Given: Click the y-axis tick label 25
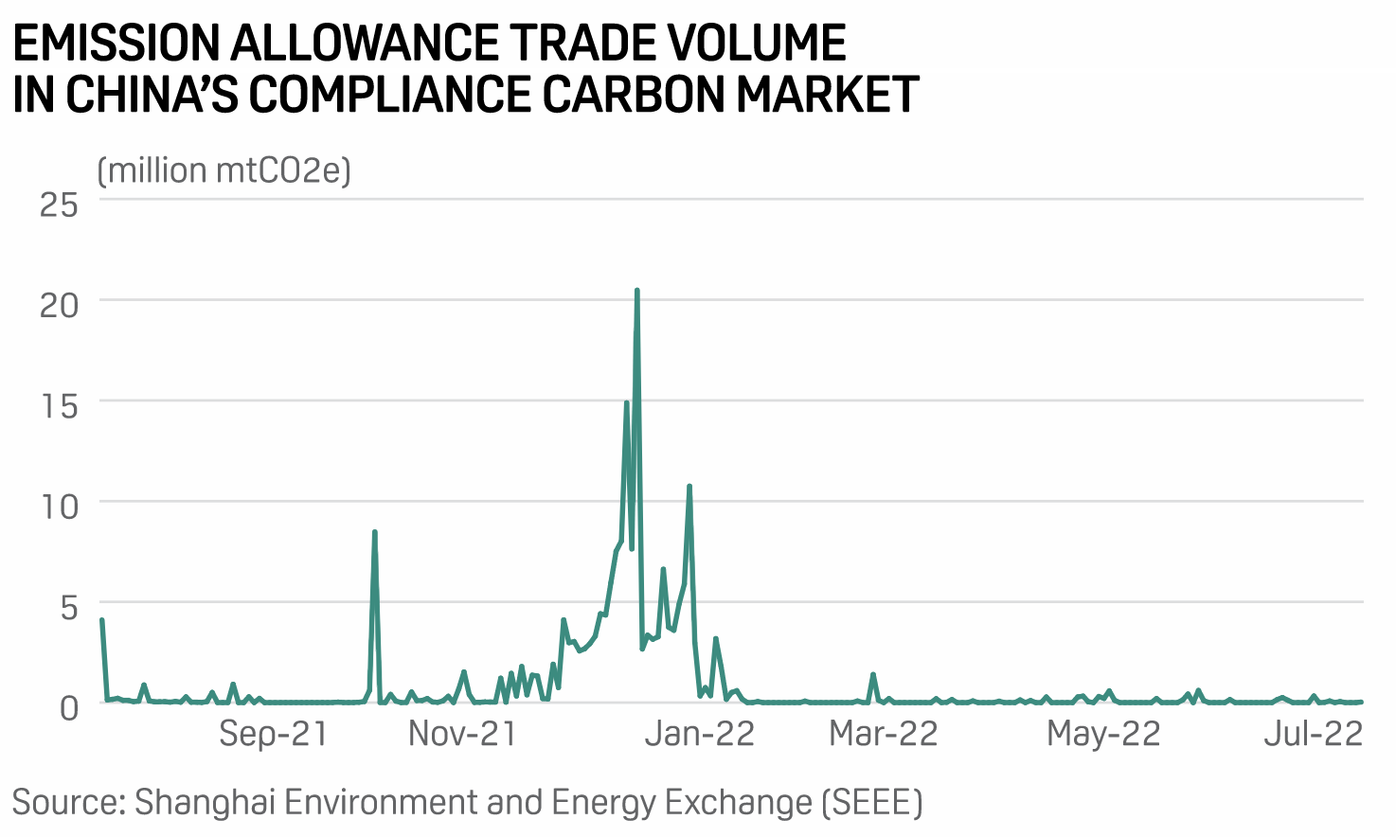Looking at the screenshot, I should pyautogui.click(x=59, y=204).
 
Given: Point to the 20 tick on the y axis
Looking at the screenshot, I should pyautogui.click(x=59, y=304).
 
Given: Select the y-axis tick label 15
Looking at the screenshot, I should pyautogui.click(x=59, y=405).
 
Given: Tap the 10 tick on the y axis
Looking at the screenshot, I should pyautogui.click(x=59, y=506).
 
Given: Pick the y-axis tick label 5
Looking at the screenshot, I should pyautogui.click(x=68, y=607).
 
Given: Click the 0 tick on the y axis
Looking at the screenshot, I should pyautogui.click(x=68, y=706).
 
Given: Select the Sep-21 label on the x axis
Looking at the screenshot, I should pyautogui.click(x=273, y=734).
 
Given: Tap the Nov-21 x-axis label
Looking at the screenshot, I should pyautogui.click(x=462, y=734).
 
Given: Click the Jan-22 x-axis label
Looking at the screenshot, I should pyautogui.click(x=699, y=734).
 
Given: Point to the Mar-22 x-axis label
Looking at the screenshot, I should pyautogui.click(x=883, y=734).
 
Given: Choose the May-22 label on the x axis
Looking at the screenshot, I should pyautogui.click(x=1103, y=734).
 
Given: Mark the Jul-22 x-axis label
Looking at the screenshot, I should pyautogui.click(x=1313, y=734).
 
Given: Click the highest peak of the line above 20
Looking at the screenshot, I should pyautogui.click(x=636, y=291).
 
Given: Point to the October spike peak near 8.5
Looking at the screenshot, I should pyautogui.click(x=375, y=532).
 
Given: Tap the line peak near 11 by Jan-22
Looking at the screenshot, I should pyautogui.click(x=689, y=487).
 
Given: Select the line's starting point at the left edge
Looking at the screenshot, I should pyautogui.click(x=101, y=620).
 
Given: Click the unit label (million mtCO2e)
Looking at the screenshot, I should pyautogui.click(x=224, y=170).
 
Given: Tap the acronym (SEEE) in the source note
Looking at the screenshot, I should pyautogui.click(x=871, y=802).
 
